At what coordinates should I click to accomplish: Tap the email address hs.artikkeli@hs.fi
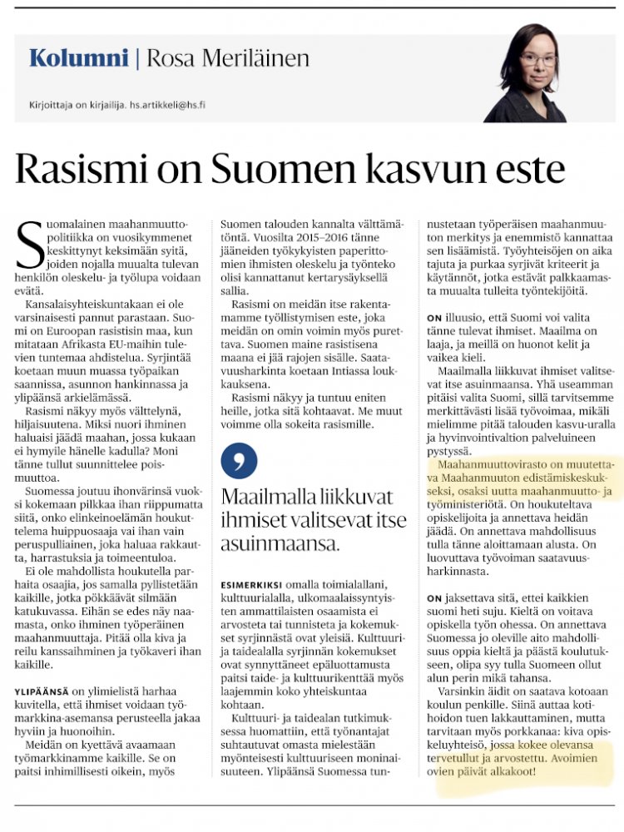pos(175,106)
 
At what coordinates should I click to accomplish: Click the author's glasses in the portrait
pos(539,60)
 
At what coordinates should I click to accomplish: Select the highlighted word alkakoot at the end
pos(513,771)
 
